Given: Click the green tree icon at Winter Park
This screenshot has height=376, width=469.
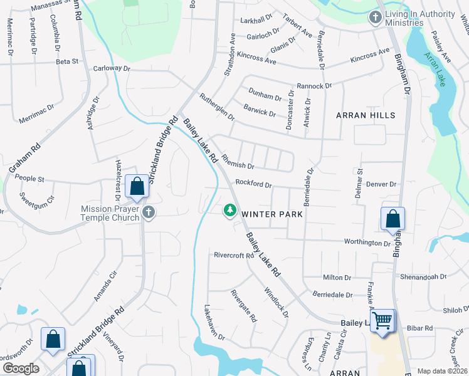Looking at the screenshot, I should pyautogui.click(x=230, y=210).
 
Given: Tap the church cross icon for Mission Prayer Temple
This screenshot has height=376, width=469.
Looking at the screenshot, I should pyautogui.click(x=148, y=212).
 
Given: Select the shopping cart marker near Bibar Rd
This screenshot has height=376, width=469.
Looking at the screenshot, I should pyautogui.click(x=382, y=321).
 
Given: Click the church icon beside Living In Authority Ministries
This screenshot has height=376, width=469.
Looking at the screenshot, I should pyautogui.click(x=376, y=18).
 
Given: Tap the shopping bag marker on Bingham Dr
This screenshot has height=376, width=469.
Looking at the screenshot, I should pyautogui.click(x=393, y=219).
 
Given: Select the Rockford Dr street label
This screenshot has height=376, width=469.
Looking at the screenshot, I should pyautogui.click(x=253, y=184).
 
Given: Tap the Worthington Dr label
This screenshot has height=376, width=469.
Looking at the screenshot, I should pyautogui.click(x=367, y=243).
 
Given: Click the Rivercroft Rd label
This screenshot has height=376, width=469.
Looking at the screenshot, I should pyautogui.click(x=233, y=255).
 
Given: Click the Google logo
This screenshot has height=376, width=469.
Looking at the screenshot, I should pyautogui.click(x=21, y=368).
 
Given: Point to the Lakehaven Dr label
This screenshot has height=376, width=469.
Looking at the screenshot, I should pyautogui.click(x=214, y=323).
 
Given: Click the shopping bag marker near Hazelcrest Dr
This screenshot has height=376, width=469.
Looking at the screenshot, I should pyautogui.click(x=137, y=187).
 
